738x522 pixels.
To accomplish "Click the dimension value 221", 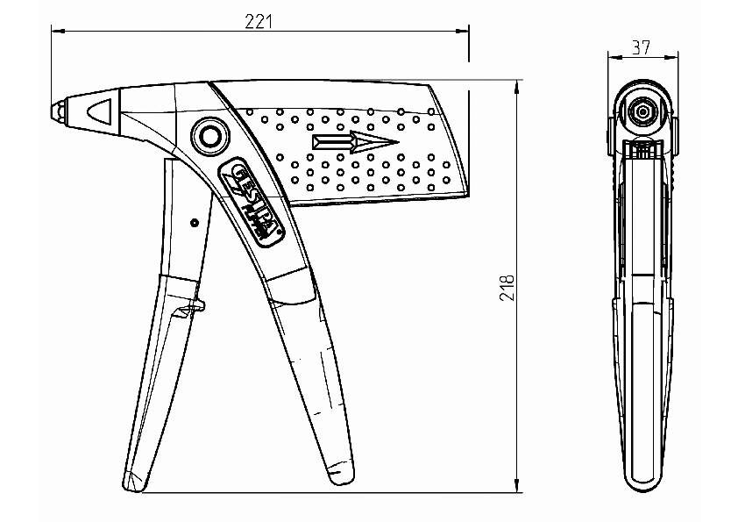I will coord(259,22).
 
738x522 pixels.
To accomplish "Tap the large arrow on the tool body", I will coord(354,143).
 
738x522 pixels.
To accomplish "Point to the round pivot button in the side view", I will coord(209,136).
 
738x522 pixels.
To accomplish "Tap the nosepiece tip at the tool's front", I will coord(56,111).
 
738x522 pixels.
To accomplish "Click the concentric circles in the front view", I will coord(642,111).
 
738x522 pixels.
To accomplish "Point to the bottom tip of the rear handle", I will coord(338,475).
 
